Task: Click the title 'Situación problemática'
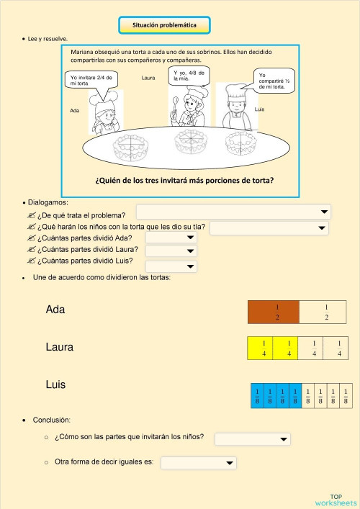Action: pyautogui.click(x=165, y=25)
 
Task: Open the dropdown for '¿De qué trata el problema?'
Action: pyautogui.click(x=233, y=212)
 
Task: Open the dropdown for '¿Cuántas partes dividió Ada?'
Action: pyautogui.click(x=171, y=238)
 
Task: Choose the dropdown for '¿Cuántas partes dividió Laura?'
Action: pyautogui.click(x=171, y=251)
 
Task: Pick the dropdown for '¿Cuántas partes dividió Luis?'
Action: pyautogui.click(x=171, y=267)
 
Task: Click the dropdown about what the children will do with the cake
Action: pyautogui.click(x=269, y=228)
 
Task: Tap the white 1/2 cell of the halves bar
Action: pyautogui.click(x=322, y=312)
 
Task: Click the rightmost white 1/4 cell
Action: pyautogui.click(x=334, y=348)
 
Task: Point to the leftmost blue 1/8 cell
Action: pyautogui.click(x=256, y=395)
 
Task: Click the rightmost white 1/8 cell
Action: pyautogui.click(x=346, y=395)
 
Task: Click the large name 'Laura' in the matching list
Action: pyautogui.click(x=59, y=347)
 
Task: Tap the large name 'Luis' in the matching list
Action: pyautogui.click(x=55, y=384)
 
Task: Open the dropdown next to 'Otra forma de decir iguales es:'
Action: pyautogui.click(x=199, y=462)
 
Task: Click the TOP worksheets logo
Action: pyautogui.click(x=335, y=499)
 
